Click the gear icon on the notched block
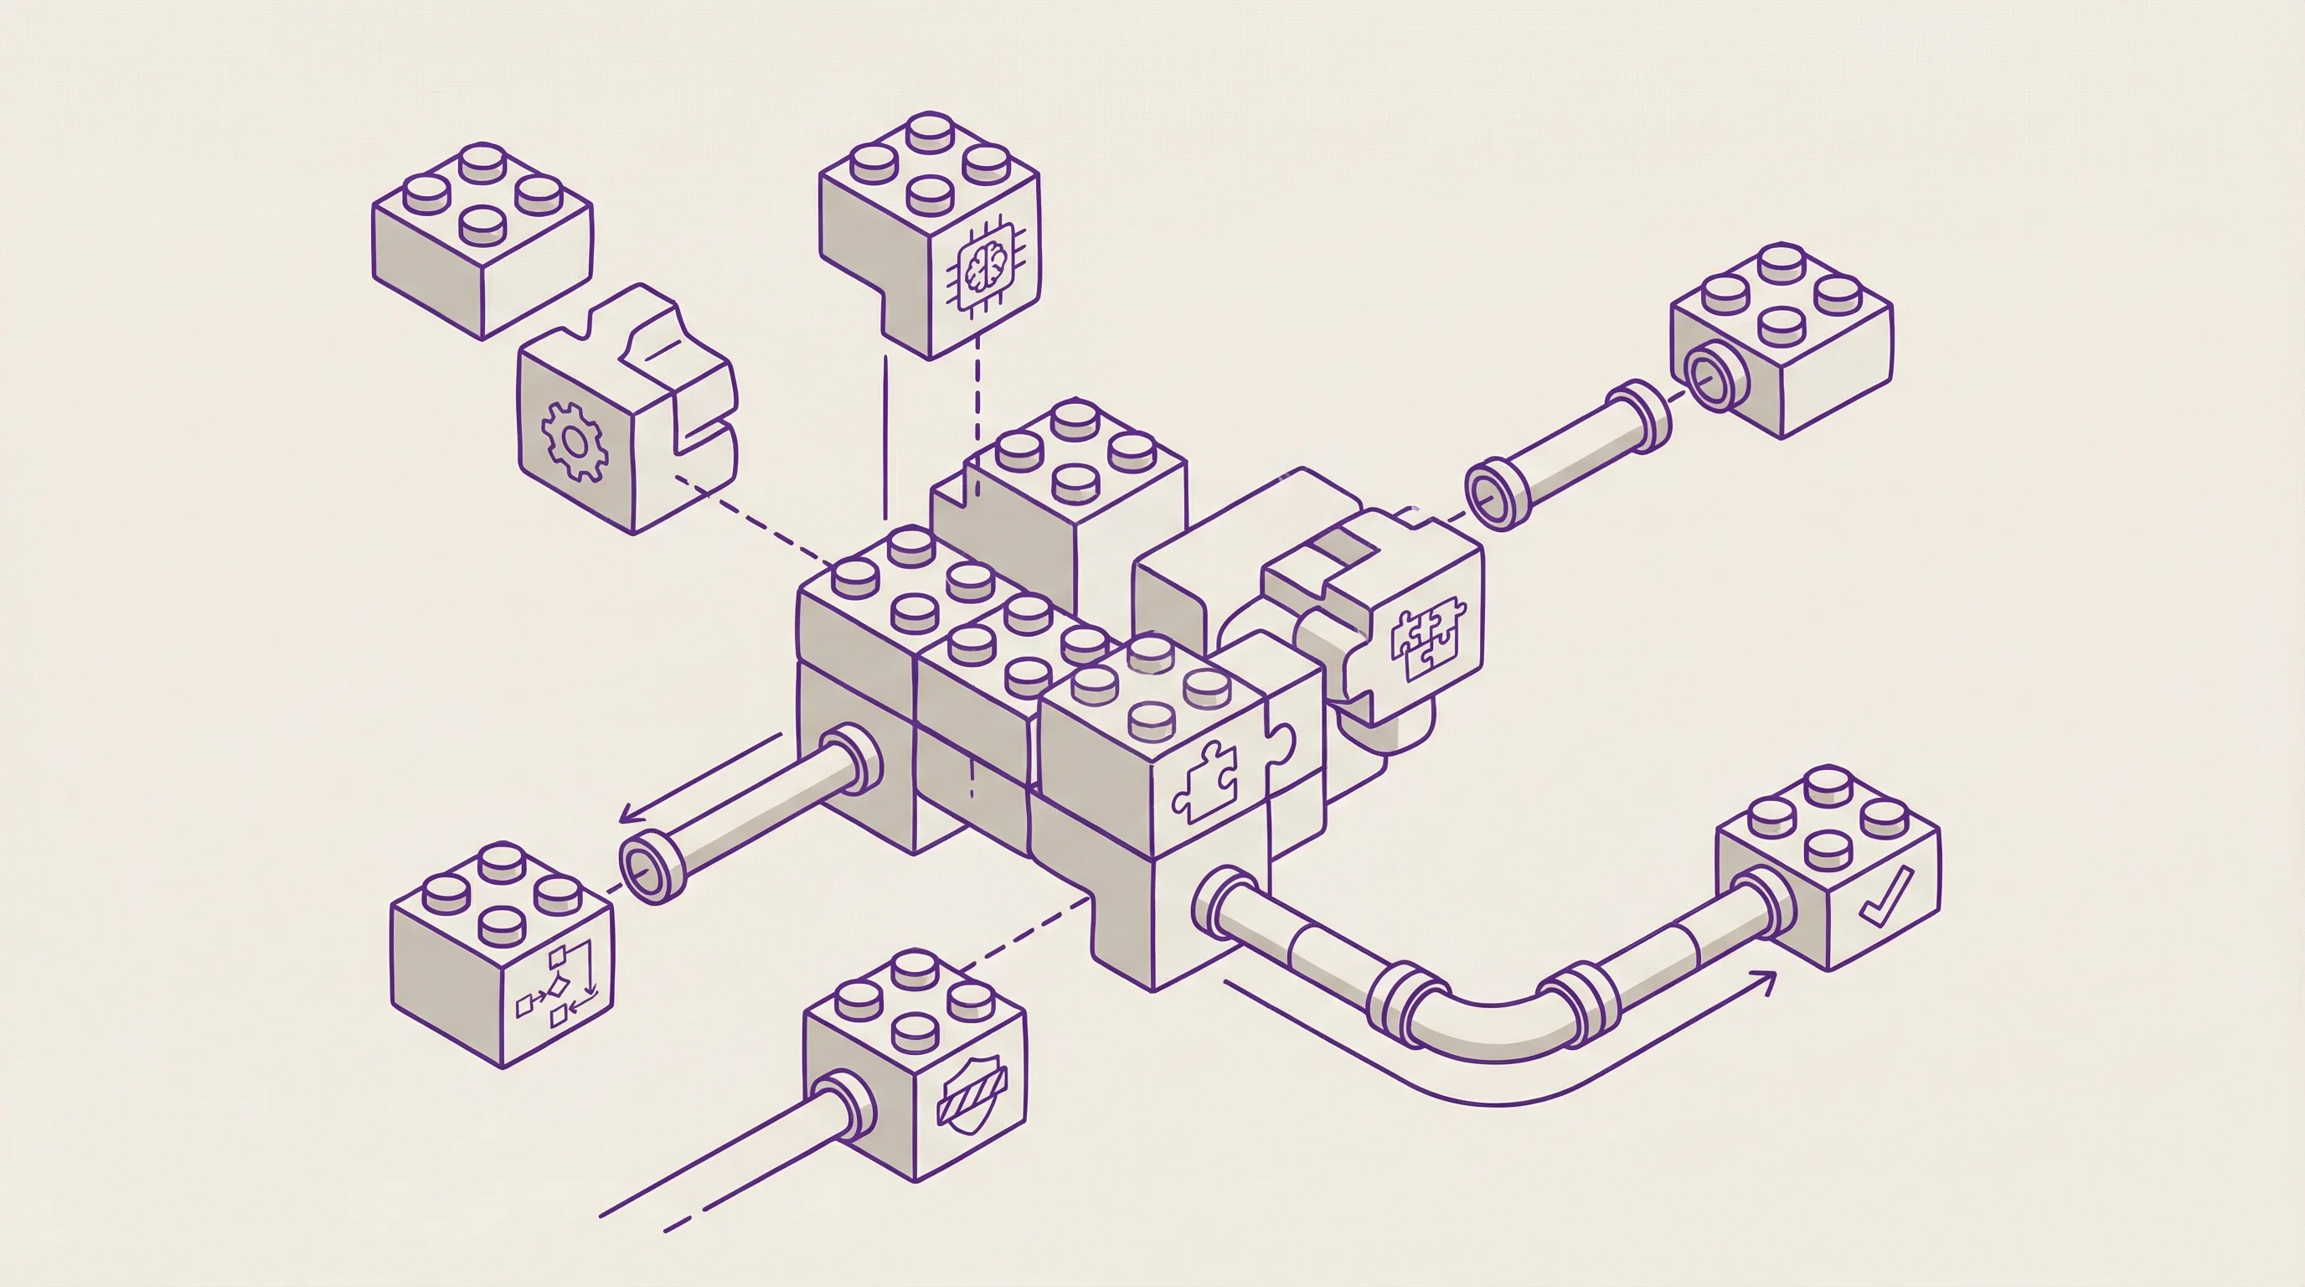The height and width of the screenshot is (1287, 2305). [575, 442]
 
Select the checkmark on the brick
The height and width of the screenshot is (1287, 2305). [1886, 896]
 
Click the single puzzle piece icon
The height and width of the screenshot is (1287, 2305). [1205, 780]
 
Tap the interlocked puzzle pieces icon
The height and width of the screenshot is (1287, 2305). [1428, 638]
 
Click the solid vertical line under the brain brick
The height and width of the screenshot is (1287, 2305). [885, 438]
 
